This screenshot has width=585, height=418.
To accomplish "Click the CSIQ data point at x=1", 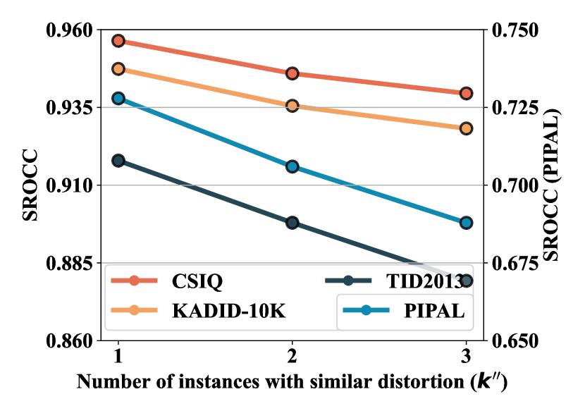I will pos(118,41).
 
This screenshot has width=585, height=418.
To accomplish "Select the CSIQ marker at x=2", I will pos(292,73).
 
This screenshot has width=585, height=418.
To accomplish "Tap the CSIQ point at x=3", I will pos(466,93).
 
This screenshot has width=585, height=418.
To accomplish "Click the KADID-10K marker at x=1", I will pos(118,69).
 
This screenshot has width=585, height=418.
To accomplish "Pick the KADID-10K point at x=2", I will pos(292,106).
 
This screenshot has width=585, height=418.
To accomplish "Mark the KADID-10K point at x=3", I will pos(466,128).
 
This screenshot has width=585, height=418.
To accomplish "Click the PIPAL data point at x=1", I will pos(118,98).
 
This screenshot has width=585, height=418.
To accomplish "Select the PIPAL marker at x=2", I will pos(292,166).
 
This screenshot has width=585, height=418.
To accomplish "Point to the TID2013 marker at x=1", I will pos(118,161).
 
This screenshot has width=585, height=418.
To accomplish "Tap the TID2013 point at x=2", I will pos(292,223).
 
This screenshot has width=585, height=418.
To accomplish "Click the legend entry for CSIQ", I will pos(197,282).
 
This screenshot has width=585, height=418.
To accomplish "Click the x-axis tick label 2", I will pos(292,354).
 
